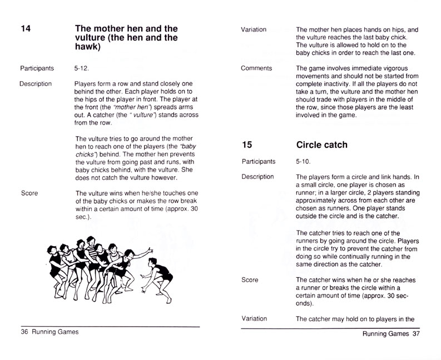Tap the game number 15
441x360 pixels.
pyautogui.click(x=248, y=145)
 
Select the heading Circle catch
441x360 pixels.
pyautogui.click(x=321, y=145)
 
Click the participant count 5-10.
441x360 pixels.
pyautogui.click(x=304, y=162)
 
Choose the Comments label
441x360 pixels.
pyautogui.click(x=257, y=68)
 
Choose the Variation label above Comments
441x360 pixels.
pyautogui.click(x=254, y=29)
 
